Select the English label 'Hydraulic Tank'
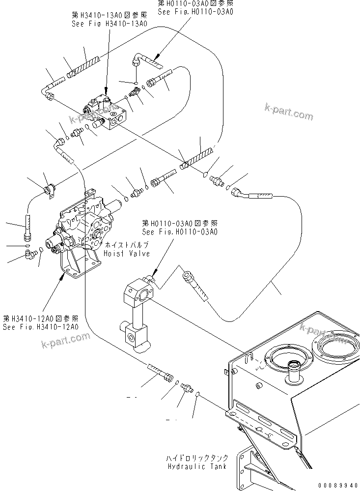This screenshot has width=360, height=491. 196,466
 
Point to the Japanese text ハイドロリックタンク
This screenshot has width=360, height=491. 196,458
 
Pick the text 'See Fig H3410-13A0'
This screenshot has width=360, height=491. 109,23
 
